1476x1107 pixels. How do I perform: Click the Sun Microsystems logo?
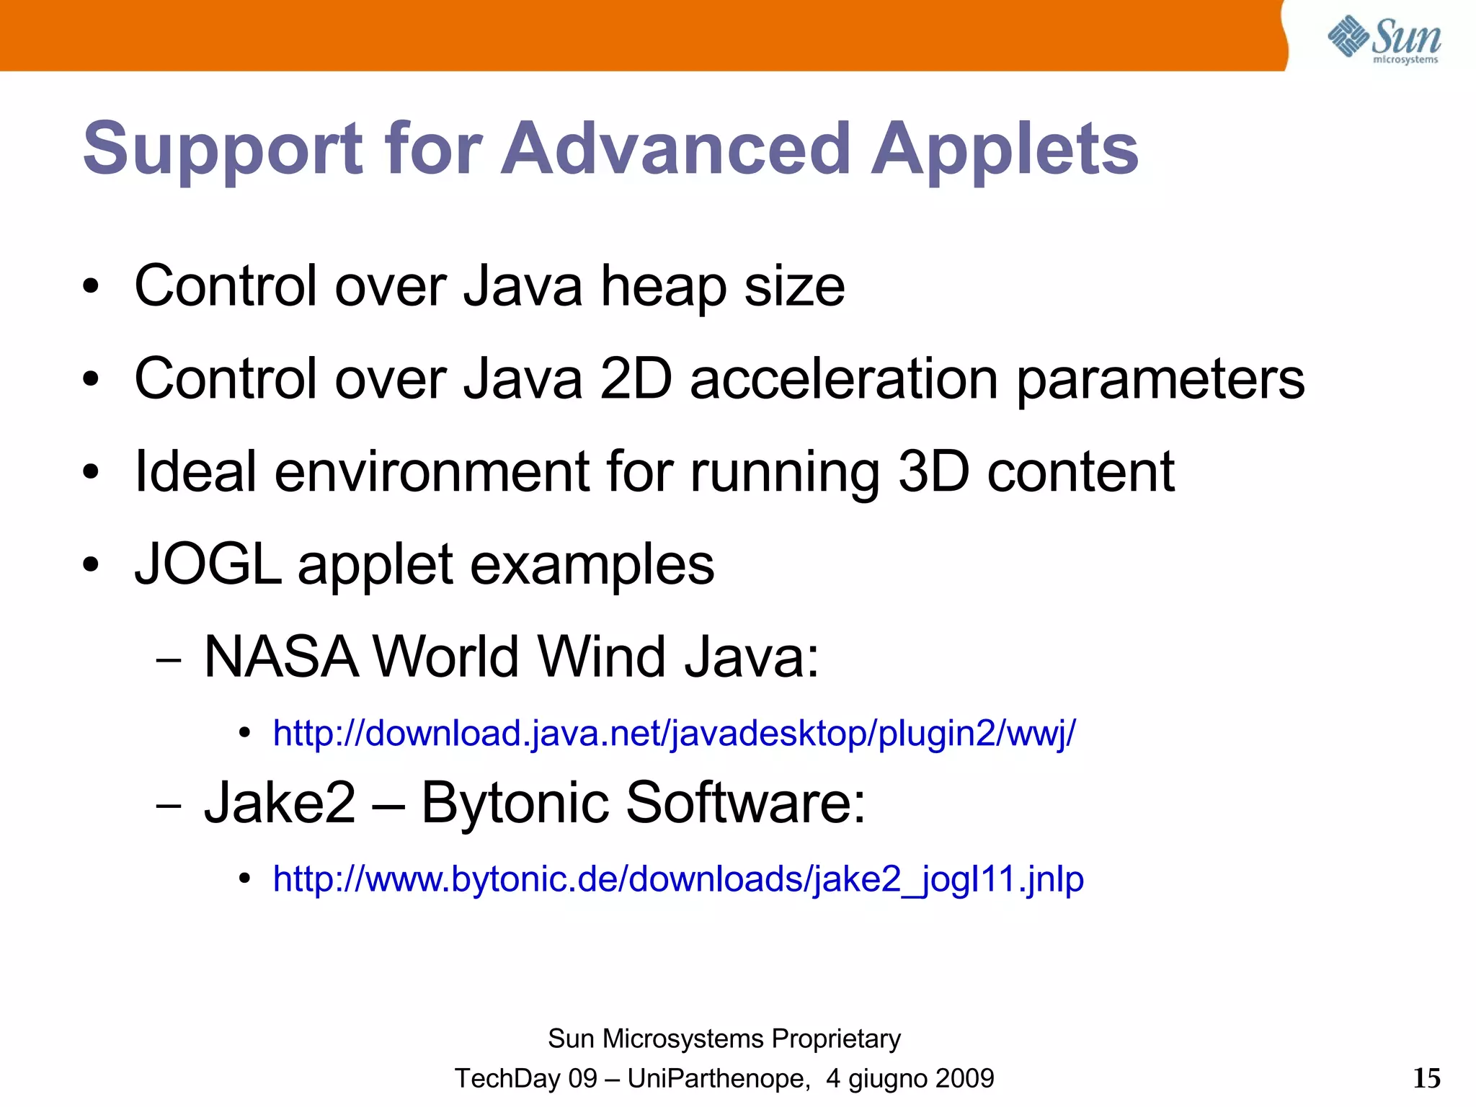pos(1384,40)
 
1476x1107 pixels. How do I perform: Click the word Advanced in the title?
pos(676,149)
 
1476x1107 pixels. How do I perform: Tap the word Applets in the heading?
pos(1005,149)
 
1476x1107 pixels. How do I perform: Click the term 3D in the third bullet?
pos(933,472)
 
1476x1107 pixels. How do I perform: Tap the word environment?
pos(431,472)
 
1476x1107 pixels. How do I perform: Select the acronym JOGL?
pos(208,564)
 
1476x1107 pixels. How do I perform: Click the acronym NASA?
pos(281,657)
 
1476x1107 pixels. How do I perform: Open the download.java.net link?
pos(674,734)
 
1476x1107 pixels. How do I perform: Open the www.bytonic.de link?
pos(678,879)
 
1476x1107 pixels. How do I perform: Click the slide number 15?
pos(1426,1078)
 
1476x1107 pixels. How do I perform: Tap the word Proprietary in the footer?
pos(835,1039)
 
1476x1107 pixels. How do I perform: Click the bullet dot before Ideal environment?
pos(90,473)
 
